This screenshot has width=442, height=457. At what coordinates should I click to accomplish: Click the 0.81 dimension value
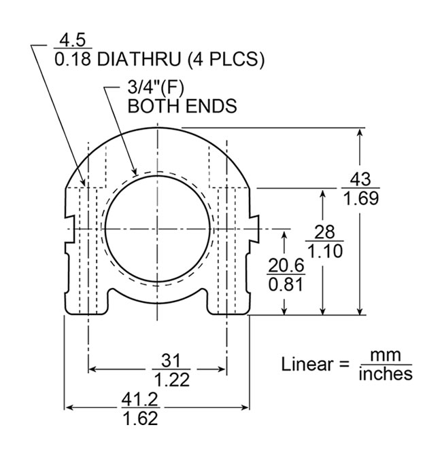point(286,285)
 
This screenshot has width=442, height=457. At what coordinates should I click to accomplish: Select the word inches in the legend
point(386,373)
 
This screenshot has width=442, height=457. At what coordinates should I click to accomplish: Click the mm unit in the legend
point(386,356)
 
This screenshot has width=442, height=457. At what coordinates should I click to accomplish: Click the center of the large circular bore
point(158,228)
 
